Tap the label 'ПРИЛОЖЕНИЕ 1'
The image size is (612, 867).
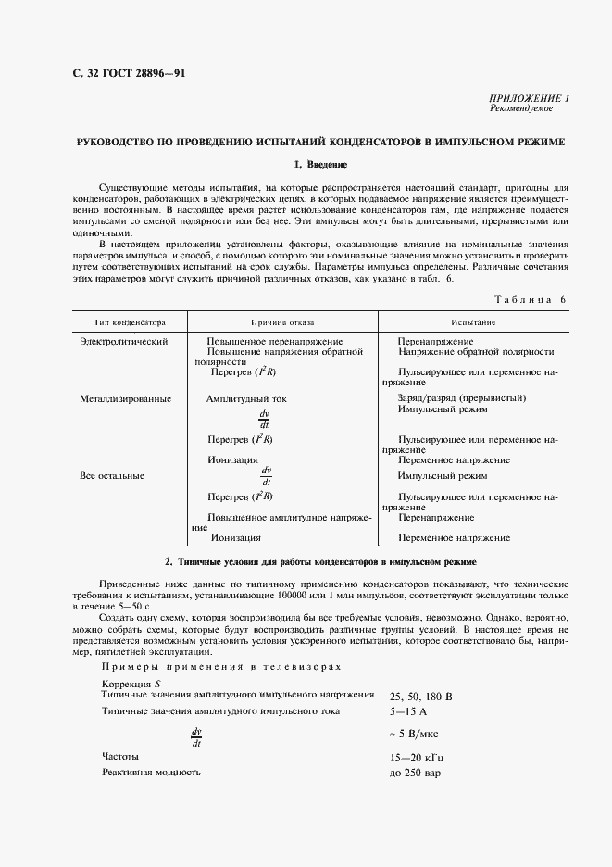coord(530,98)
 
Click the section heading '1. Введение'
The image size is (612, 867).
coord(319,165)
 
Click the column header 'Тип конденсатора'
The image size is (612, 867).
coord(129,323)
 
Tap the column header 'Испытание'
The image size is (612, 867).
coord(473,323)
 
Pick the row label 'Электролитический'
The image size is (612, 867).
coord(123,342)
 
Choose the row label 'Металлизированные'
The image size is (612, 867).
coord(125,399)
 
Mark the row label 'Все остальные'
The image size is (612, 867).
coord(112,476)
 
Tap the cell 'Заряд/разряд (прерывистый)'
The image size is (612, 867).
coord(461,399)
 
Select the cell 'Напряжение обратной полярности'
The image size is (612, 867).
coord(476,352)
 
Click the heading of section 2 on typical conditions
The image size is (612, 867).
coord(319,562)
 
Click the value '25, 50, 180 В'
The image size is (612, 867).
coord(421,697)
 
